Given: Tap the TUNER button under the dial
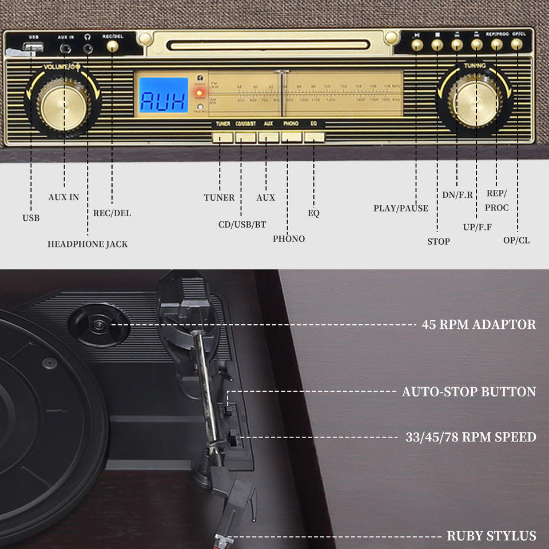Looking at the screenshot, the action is pyautogui.click(x=222, y=137).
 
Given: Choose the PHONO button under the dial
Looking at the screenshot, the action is pyautogui.click(x=291, y=137).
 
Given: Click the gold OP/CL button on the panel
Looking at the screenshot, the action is pyautogui.click(x=516, y=45).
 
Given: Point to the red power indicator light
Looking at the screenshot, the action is pyautogui.click(x=200, y=93).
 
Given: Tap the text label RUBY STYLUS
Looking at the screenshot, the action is pyautogui.click(x=491, y=536).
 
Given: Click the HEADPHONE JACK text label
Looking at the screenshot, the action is pyautogui.click(x=87, y=244).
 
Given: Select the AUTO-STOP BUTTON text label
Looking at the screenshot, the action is pyautogui.click(x=469, y=392).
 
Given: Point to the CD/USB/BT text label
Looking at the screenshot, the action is pyautogui.click(x=242, y=224).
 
